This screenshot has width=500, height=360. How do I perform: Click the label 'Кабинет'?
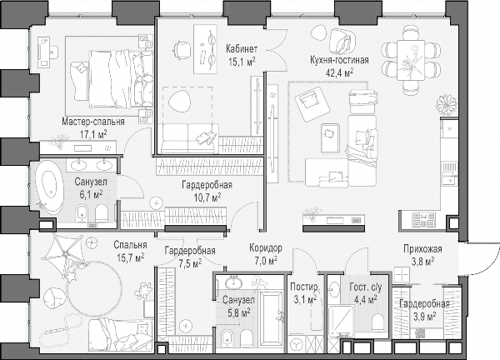[x=242, y=49]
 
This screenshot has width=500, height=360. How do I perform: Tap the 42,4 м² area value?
[x=339, y=72]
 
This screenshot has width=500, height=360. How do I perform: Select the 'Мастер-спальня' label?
[x=93, y=122]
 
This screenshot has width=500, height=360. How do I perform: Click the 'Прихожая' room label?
[x=422, y=248]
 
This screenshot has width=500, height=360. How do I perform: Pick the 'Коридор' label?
[x=266, y=247]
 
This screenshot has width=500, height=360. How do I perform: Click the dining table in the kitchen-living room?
[x=411, y=60]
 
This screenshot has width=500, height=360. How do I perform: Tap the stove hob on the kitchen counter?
[x=424, y=220]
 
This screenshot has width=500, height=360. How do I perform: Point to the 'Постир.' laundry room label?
[x=304, y=287]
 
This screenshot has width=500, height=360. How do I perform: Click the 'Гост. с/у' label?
[x=366, y=287]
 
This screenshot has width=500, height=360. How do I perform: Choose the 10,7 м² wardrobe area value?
[x=207, y=197]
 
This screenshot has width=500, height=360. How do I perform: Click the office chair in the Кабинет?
[x=182, y=50]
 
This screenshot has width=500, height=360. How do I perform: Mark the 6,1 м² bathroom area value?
[x=91, y=194]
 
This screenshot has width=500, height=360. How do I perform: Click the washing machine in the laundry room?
[x=297, y=343]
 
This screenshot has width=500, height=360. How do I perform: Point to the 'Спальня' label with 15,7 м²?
[x=131, y=245]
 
